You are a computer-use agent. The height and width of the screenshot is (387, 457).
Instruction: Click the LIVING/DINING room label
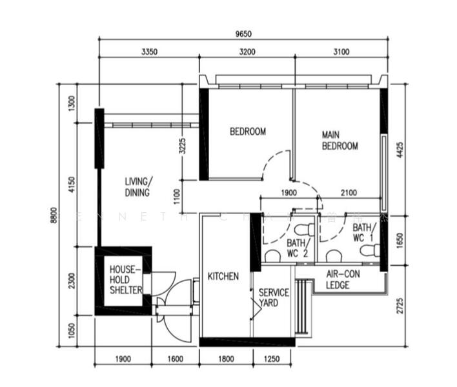[x=137, y=187]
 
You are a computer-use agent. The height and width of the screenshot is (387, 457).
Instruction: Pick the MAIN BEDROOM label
[x=340, y=141]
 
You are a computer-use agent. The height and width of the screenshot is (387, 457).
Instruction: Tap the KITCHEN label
[x=223, y=276]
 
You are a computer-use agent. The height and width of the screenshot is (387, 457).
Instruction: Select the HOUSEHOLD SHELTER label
[x=125, y=280]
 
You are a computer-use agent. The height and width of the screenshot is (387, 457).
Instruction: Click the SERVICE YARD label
[x=274, y=297]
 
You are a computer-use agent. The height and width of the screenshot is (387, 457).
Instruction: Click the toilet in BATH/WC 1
[x=369, y=250]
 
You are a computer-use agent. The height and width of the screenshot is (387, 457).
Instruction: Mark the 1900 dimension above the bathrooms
[x=289, y=192]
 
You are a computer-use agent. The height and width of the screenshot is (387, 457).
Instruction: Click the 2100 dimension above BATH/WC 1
[x=349, y=192]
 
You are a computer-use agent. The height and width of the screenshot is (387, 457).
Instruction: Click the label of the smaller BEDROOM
[x=248, y=132]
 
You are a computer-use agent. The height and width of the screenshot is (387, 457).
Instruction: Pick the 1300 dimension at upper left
[x=71, y=103]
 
